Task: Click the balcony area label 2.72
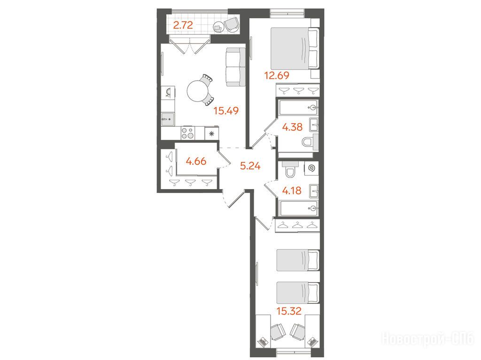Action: point(183,25)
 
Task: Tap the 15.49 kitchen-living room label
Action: point(226,111)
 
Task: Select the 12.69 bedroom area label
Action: point(277,75)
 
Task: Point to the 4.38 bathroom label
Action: point(292,127)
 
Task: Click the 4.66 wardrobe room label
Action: point(196,161)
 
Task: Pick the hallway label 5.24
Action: point(250,166)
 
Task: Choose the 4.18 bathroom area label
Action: point(292,191)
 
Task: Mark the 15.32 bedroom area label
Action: point(289,311)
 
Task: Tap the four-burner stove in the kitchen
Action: point(188,133)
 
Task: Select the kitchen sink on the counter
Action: point(168,119)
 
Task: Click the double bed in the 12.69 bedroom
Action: point(295,49)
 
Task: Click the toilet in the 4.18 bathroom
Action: point(289,169)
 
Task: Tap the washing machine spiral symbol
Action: point(311,169)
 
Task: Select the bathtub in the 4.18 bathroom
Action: point(298,208)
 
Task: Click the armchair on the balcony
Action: point(231,24)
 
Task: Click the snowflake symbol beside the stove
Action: point(211,133)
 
